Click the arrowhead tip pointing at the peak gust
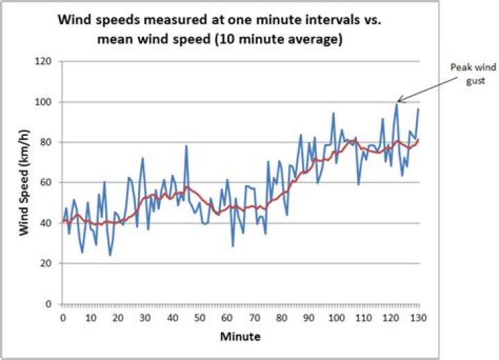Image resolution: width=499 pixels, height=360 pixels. [x=397, y=102]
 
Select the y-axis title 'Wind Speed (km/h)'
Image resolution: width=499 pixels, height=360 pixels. [x=26, y=182]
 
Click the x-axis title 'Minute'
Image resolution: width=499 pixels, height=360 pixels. [x=241, y=337]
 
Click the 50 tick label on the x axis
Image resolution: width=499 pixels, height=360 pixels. [x=200, y=318]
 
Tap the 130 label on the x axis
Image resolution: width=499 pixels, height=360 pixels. [x=418, y=318]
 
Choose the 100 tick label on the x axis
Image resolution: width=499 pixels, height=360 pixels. [x=336, y=318]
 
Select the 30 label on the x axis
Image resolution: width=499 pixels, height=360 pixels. [x=145, y=318]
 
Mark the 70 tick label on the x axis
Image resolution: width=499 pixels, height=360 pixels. [x=254, y=318]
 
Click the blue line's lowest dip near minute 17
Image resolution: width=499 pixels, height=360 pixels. [x=110, y=255]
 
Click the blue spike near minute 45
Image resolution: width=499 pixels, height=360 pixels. [x=186, y=146]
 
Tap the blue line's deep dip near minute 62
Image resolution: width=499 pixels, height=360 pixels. [x=233, y=246]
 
